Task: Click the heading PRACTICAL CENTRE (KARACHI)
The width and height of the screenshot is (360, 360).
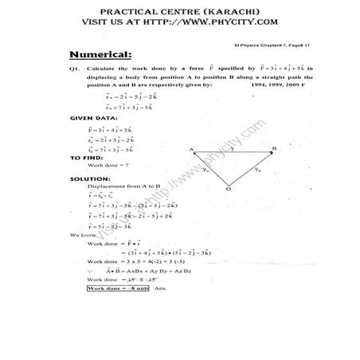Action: (179, 10)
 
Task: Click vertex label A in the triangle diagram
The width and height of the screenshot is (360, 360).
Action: (192, 149)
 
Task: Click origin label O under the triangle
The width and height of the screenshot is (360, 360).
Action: (228, 190)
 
